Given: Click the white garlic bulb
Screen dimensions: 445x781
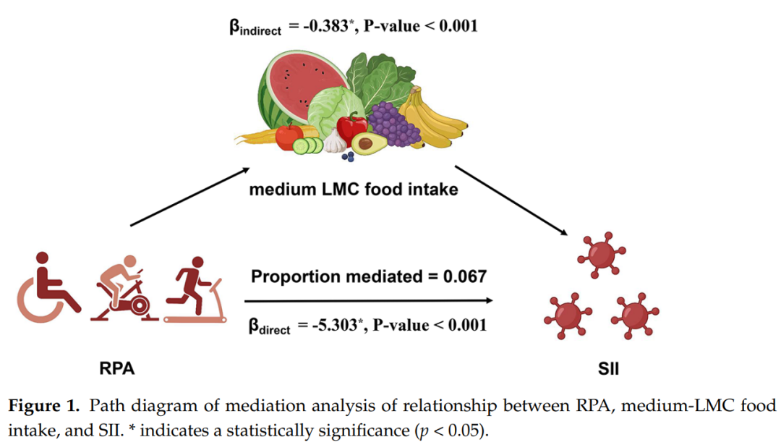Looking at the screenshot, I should [335, 142].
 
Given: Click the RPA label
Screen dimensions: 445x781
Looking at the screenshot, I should [116, 368].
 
